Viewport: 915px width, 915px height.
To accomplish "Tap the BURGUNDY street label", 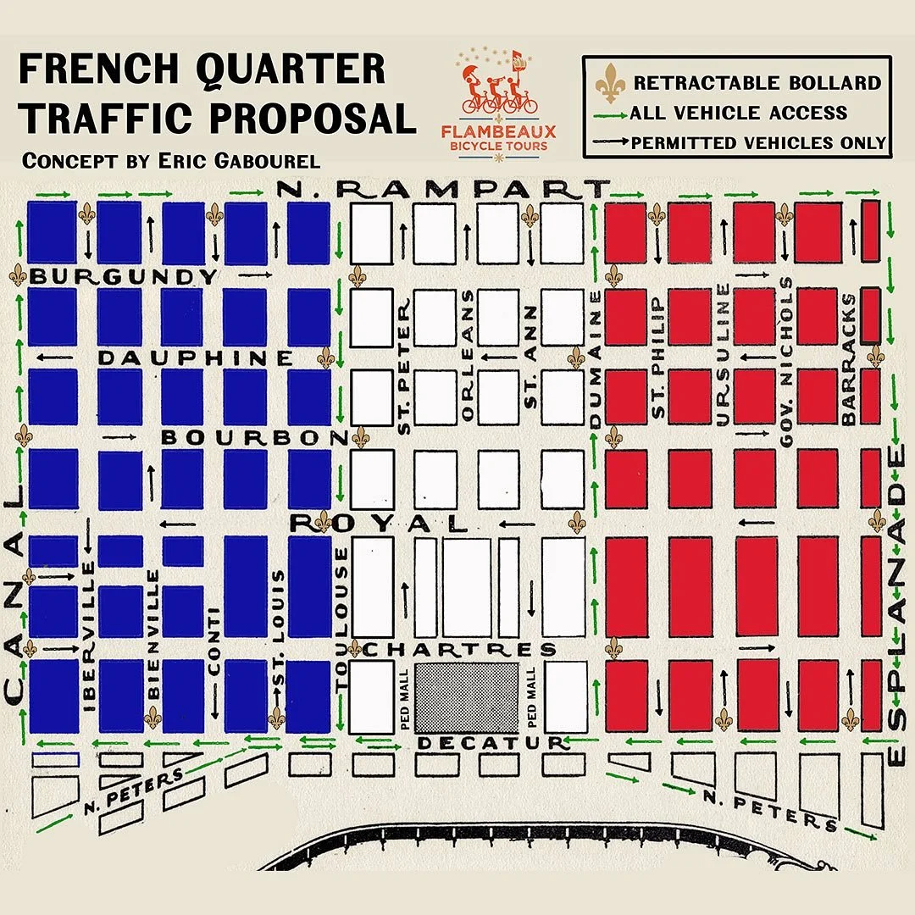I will click(124, 276).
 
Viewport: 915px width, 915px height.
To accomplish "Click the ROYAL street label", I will click(379, 523).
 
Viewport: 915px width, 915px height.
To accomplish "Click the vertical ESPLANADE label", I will click(896, 605).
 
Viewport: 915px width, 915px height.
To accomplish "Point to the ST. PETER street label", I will click(405, 371).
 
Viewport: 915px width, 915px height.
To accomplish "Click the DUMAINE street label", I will click(596, 358).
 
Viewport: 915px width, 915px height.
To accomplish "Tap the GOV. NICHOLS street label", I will click(787, 362).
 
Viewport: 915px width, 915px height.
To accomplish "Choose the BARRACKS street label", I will click(850, 358).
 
